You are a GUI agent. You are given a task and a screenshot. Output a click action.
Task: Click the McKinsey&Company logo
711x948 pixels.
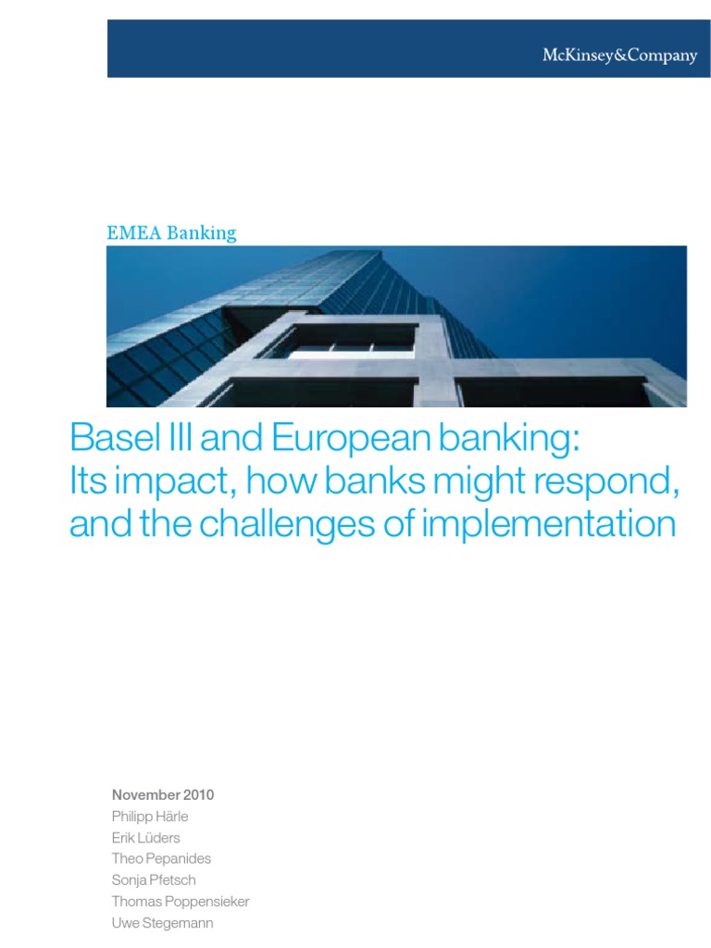pos(618,56)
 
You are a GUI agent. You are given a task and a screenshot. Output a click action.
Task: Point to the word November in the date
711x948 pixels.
pos(143,794)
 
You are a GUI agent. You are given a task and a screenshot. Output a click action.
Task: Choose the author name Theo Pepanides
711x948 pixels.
pos(162,858)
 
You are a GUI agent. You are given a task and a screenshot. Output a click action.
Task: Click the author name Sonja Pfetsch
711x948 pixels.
pos(154,879)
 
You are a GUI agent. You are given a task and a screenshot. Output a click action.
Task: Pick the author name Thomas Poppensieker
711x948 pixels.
pos(181,901)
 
